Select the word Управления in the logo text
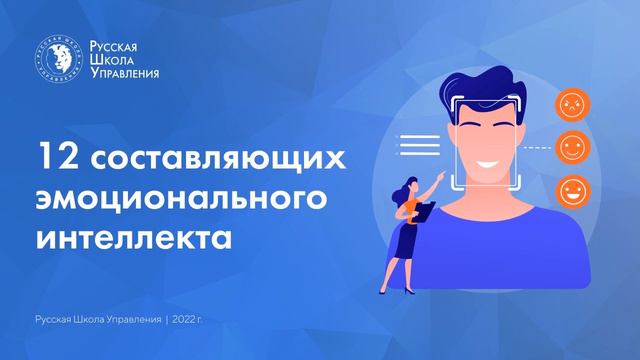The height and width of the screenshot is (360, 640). pyautogui.click(x=124, y=73)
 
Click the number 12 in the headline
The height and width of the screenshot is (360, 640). pyautogui.click(x=53, y=158)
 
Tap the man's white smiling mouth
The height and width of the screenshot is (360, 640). pyautogui.click(x=491, y=160)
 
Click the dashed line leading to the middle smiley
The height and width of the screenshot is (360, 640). pyautogui.click(x=540, y=147)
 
